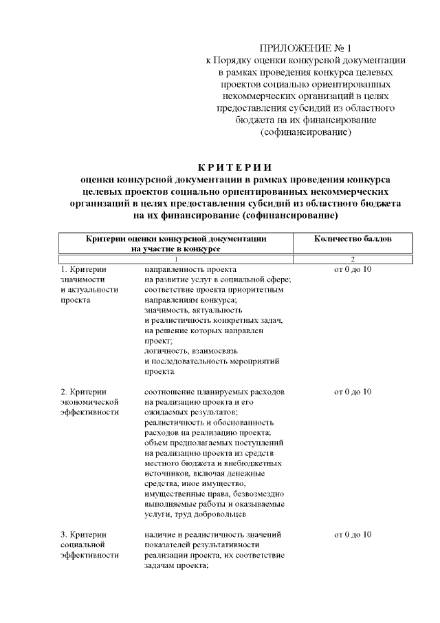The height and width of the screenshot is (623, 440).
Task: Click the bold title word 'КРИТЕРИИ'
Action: pos(235,167)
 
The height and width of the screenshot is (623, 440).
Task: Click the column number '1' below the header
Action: pos(176,258)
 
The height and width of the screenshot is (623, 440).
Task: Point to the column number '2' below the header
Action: pos(353,258)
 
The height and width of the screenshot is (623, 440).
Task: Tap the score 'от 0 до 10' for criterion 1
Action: pos(353,268)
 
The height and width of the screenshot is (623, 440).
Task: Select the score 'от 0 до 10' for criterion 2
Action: pos(353,392)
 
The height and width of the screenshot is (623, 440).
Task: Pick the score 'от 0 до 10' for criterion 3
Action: pos(353,535)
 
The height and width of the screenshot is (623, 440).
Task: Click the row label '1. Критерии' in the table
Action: pos(83,268)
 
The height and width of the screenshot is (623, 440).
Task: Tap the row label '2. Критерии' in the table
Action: pos(83,392)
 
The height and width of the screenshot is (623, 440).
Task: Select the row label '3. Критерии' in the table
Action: pos(83,535)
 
